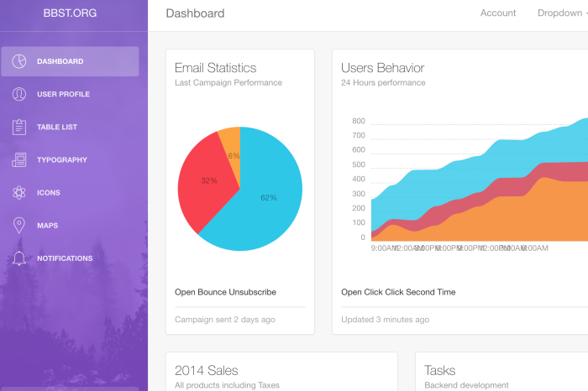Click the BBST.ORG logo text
coord(71,13)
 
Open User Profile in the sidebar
coord(63,94)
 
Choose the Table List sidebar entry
coord(57,127)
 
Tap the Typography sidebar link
coord(61,159)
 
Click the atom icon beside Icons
coord(19,192)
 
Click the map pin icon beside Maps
coord(19,225)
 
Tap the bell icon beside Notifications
coord(19,258)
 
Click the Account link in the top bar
coord(498,13)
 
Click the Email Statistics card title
coord(215,68)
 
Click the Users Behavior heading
coord(382,68)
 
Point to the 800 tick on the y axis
coord(359,121)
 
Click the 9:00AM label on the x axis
coord(383,248)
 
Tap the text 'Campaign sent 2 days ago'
coord(224,320)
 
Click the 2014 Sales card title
coord(206,370)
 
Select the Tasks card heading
coord(440,370)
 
